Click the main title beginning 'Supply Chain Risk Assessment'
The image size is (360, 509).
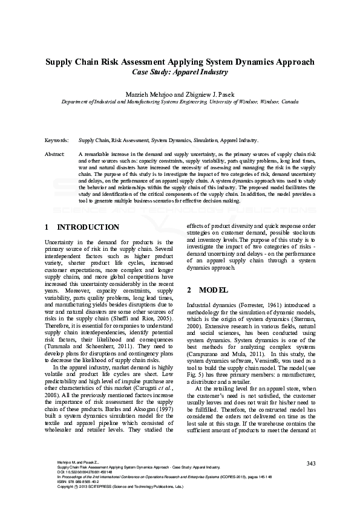tap(180, 62)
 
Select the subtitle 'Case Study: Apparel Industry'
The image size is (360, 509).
tap(180, 72)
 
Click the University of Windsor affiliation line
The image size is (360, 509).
tap(180, 103)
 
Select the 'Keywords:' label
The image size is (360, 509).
tap(57, 140)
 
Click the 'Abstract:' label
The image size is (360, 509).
tap(55, 155)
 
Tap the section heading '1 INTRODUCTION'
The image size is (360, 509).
tap(82, 227)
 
